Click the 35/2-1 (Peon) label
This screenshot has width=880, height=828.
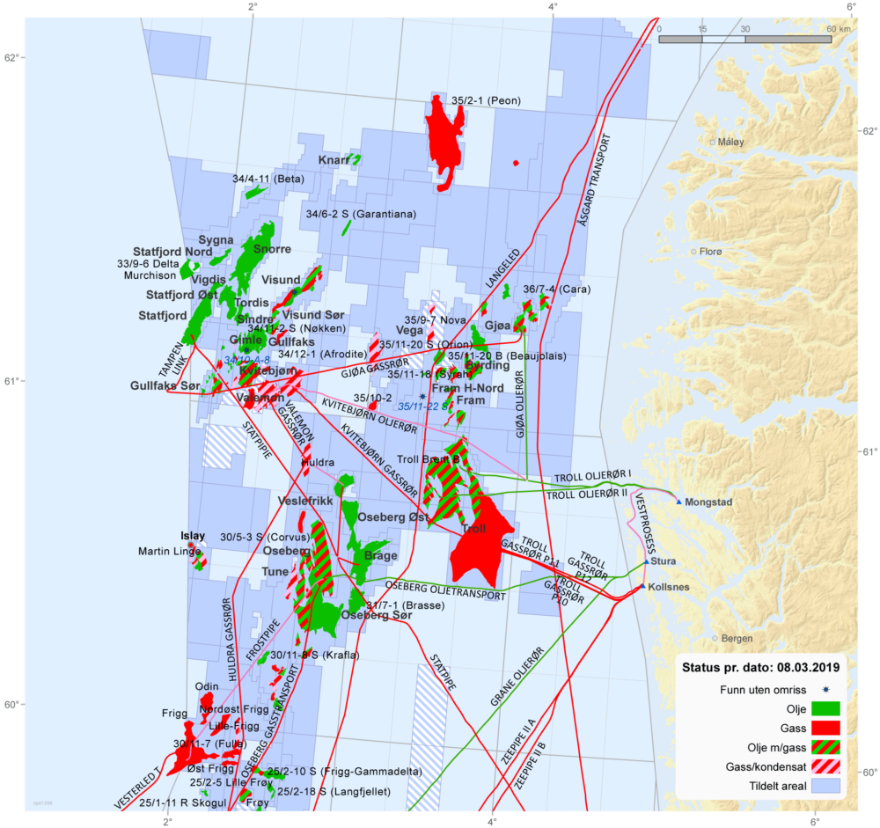tap(486, 101)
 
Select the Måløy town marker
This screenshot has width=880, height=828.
tap(713, 141)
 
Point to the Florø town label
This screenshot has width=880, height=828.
tap(709, 252)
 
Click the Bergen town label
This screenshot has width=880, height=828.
tap(737, 638)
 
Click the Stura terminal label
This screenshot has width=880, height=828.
tap(664, 561)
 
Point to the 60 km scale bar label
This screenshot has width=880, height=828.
tap(837, 28)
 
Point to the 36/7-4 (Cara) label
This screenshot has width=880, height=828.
tap(556, 289)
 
